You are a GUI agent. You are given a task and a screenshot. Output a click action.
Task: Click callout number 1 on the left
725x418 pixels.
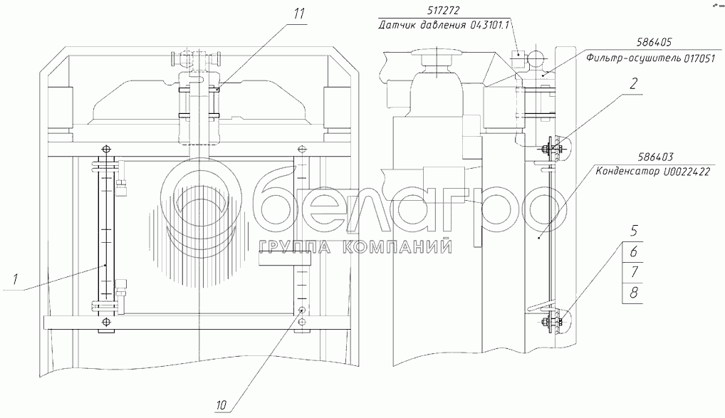[15, 279]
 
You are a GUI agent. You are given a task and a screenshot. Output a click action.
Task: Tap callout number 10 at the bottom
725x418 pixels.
[221, 405]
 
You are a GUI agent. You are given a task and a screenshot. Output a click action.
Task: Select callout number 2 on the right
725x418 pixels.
[633, 84]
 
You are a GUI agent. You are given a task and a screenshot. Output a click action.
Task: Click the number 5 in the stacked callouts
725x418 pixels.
[634, 231]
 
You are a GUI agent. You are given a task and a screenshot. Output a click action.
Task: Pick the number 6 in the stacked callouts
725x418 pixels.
[634, 251]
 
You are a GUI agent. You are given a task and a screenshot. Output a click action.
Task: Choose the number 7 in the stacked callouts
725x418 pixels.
[634, 272]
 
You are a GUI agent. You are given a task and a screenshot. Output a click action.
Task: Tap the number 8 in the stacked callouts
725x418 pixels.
[634, 292]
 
